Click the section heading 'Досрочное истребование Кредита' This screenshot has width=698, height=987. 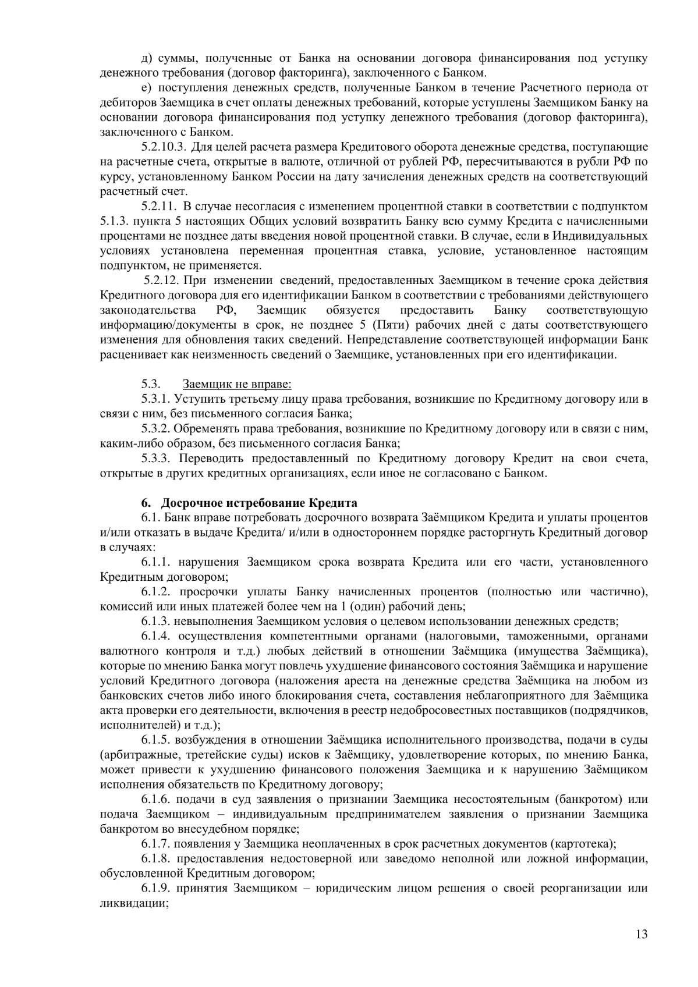click(x=259, y=503)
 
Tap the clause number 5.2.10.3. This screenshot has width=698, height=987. click(x=163, y=147)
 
